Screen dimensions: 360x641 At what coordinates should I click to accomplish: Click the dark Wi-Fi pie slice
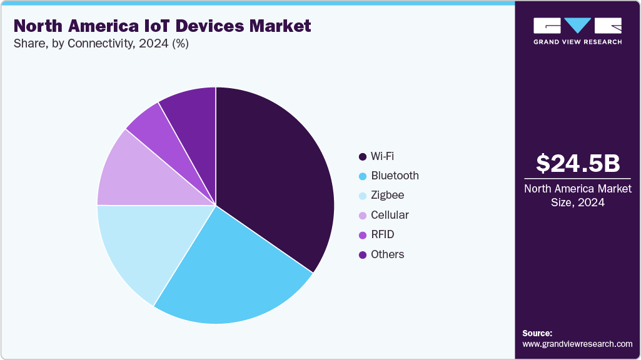tap(275, 175)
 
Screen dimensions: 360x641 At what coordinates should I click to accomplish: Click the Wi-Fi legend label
tap(383, 156)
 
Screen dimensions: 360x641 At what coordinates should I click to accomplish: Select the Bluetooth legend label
tap(395, 176)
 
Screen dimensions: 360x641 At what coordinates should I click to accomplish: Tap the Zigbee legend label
tap(387, 195)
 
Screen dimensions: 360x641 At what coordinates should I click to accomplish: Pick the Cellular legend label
tap(390, 215)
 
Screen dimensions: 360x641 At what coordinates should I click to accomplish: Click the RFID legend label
tap(383, 234)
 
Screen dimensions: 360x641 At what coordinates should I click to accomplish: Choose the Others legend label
tap(387, 254)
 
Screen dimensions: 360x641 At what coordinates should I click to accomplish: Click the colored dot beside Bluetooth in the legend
tap(362, 176)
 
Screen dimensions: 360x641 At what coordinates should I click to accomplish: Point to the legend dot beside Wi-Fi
tap(362, 156)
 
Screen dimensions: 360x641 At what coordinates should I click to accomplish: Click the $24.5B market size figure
tap(578, 164)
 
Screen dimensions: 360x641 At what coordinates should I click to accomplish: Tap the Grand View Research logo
tap(578, 31)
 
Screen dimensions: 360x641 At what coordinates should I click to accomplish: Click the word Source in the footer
tap(537, 334)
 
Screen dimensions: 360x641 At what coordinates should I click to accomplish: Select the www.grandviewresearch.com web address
tap(577, 344)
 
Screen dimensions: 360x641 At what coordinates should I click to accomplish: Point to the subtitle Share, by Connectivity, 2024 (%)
tap(101, 44)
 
